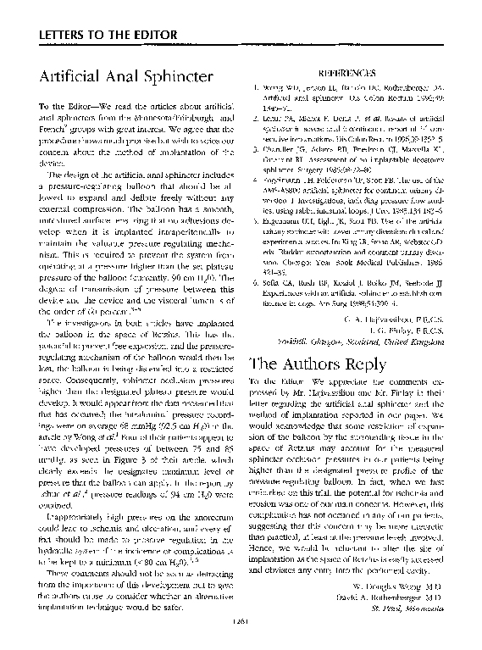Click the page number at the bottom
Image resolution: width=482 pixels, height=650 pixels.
[240, 623]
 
